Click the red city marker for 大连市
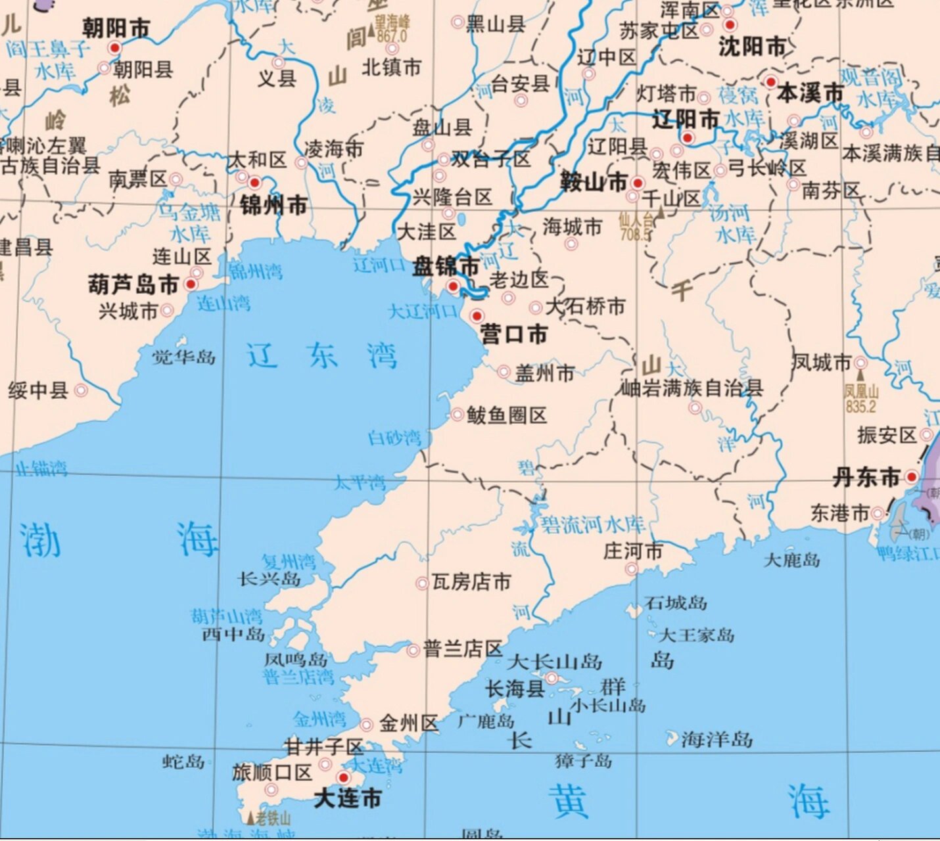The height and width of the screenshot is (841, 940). (342, 777)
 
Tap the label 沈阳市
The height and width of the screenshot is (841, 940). (752, 47)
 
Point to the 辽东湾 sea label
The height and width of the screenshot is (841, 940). (321, 356)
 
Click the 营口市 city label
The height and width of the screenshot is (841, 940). (513, 334)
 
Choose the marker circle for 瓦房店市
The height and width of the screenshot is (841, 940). (422, 583)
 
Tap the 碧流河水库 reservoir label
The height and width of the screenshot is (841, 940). (592, 524)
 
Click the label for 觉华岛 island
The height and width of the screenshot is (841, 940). (183, 357)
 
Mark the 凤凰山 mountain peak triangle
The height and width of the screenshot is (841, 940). (860, 375)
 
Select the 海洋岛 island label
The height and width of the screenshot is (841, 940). (717, 740)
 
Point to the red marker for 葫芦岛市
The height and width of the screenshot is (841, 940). (191, 284)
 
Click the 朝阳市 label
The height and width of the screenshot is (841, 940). (116, 28)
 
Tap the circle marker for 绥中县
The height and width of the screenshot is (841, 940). (81, 390)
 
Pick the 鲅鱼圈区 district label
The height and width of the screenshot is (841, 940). (506, 415)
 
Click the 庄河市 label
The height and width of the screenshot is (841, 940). (632, 551)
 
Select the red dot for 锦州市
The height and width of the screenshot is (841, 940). (254, 183)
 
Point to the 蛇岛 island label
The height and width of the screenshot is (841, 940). (183, 761)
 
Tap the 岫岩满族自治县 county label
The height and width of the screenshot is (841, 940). (692, 388)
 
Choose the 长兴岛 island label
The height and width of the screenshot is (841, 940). (270, 579)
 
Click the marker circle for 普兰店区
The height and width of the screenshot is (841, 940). (413, 650)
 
